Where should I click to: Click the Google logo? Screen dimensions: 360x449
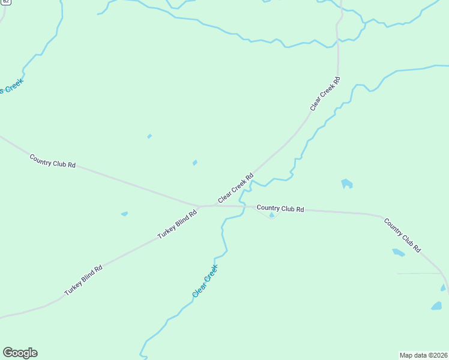(x=20, y=353)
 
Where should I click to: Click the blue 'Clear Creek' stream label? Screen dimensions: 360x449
(x=205, y=281)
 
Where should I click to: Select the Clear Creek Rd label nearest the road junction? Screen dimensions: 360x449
(x=236, y=188)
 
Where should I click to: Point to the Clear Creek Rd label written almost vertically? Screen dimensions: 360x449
(x=325, y=94)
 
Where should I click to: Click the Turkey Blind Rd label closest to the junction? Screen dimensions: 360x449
(x=178, y=224)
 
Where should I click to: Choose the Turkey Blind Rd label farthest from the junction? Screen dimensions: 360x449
(x=83, y=280)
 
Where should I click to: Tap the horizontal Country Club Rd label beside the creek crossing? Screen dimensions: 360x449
(x=280, y=209)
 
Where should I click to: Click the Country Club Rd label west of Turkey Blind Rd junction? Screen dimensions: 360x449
(x=53, y=161)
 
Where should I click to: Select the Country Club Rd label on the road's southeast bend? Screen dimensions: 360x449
(x=402, y=235)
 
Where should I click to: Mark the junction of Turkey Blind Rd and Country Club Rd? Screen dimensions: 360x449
(x=200, y=206)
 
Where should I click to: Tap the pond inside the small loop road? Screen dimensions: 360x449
(x=272, y=215)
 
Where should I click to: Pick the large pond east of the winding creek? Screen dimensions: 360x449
(x=346, y=184)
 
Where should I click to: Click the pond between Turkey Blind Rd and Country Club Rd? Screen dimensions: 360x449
(x=124, y=214)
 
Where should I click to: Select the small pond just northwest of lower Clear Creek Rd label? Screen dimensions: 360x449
(x=194, y=163)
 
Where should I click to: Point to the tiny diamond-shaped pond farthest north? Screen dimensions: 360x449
(x=149, y=136)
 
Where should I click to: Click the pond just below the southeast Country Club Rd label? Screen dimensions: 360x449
(x=399, y=253)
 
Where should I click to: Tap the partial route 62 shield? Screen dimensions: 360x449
(x=5, y=2)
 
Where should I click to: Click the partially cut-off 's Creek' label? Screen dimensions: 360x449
(x=12, y=86)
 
